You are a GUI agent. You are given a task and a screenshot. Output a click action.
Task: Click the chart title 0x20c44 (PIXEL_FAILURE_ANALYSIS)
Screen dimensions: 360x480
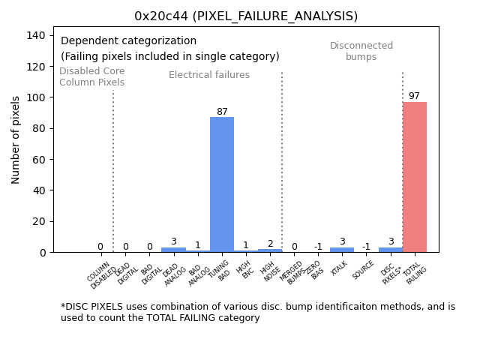tap(246, 16)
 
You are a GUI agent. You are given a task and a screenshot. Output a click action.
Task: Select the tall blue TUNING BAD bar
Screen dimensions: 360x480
tap(222, 184)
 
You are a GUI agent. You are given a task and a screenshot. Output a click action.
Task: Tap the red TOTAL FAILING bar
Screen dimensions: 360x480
tap(415, 177)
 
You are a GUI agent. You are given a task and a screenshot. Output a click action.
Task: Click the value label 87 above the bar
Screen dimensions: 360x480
tap(222, 112)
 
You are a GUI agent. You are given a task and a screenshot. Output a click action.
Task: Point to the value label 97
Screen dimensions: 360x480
tap(414, 96)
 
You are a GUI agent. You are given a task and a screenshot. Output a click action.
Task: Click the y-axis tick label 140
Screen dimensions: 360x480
tap(38, 35)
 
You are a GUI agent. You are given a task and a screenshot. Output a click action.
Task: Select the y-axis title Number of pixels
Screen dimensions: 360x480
tap(16, 139)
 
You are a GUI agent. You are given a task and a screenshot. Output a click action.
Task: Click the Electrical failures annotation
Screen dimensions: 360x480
tap(209, 75)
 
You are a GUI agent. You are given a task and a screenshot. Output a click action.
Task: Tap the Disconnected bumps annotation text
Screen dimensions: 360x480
tap(361, 51)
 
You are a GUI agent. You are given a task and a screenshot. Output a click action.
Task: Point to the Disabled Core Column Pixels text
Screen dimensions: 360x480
tap(92, 76)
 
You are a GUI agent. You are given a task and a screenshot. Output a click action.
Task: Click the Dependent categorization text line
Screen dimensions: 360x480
tap(128, 41)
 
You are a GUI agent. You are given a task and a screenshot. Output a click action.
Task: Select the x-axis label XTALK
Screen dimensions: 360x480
tap(339, 270)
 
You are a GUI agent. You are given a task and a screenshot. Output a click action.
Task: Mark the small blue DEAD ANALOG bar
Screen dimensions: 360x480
tap(173, 250)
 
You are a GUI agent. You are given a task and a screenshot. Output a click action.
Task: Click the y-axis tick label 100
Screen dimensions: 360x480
tap(38, 97)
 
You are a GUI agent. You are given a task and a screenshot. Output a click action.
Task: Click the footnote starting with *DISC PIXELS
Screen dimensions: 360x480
tap(257, 312)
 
